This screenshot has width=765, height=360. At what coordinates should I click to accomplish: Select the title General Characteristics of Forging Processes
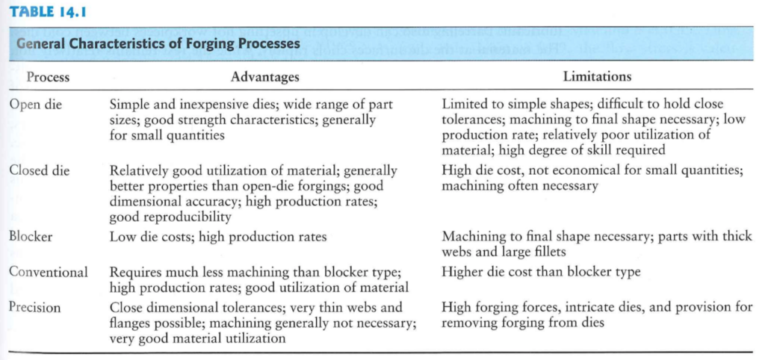pos(158,43)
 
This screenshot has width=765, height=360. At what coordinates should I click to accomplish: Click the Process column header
pos(48,77)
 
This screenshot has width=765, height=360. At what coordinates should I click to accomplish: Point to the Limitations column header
pos(597,77)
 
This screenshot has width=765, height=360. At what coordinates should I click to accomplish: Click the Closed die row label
pos(39,171)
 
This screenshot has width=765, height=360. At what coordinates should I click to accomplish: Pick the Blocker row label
pos(31,237)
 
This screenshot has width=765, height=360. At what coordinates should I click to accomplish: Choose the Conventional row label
pos(49,271)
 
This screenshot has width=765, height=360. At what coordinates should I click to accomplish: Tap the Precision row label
pos(34,307)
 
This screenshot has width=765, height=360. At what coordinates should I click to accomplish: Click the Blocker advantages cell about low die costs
pos(218,238)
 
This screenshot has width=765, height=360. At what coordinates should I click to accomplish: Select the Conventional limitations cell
pos(541,271)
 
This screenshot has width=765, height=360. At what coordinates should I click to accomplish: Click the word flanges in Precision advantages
pos(132,323)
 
